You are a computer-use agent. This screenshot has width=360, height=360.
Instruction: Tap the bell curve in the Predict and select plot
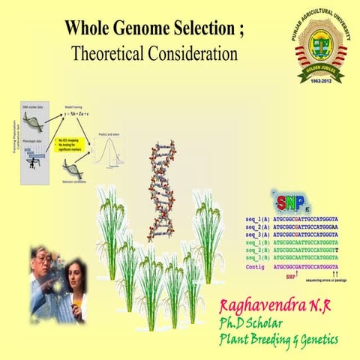[x=109, y=148]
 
